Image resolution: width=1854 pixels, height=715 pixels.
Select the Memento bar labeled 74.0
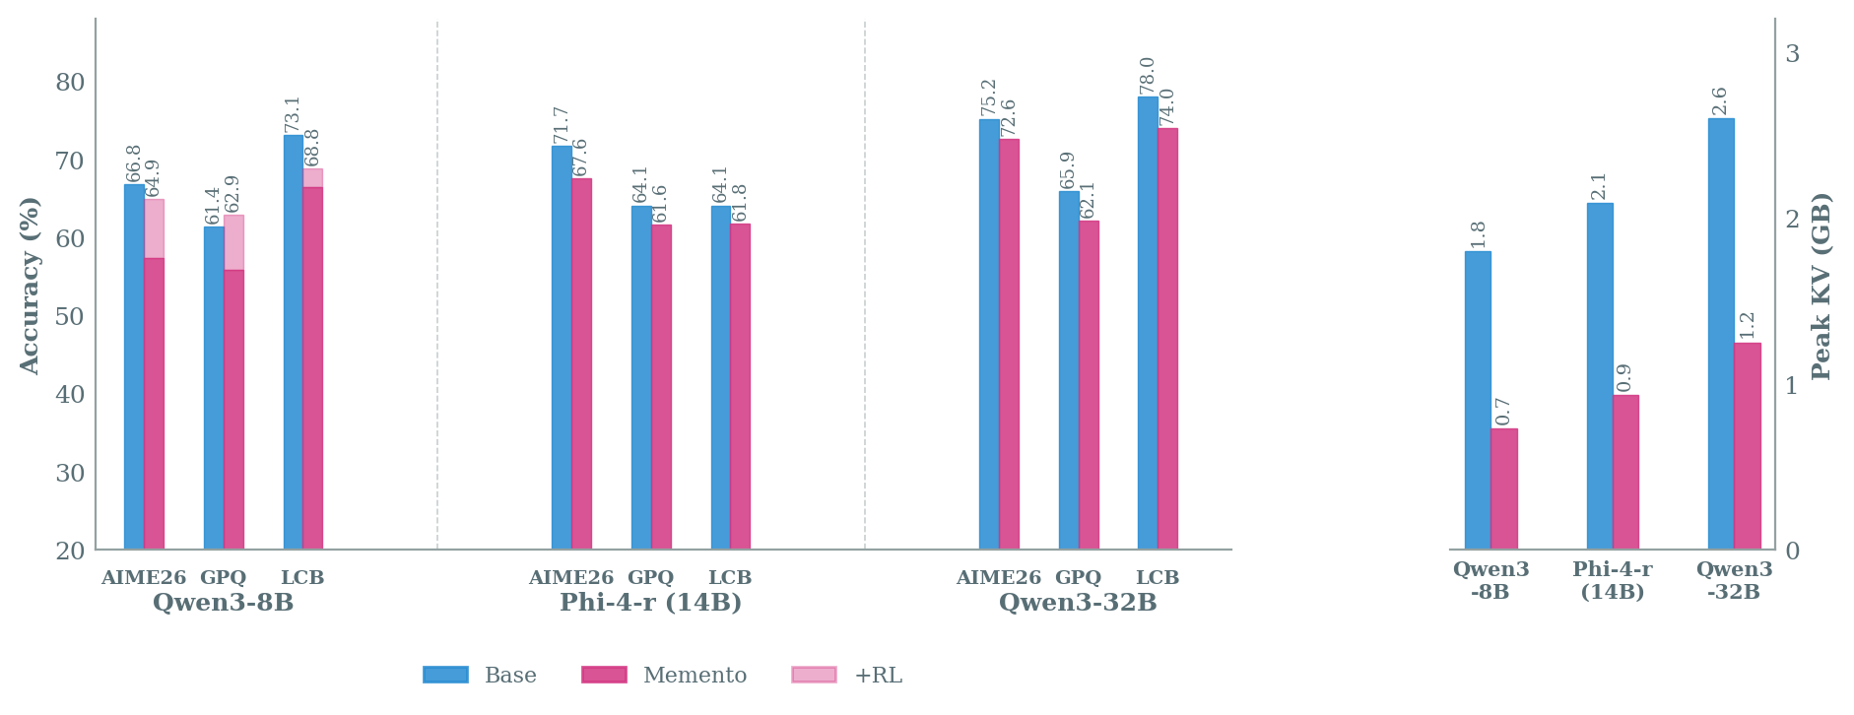click(x=1167, y=339)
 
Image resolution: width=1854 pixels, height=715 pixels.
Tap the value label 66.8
click(x=134, y=163)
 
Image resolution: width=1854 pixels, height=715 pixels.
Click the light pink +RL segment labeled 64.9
click(x=154, y=228)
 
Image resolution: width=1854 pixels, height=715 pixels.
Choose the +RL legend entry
click(x=847, y=676)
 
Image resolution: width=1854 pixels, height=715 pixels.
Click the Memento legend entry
click(x=664, y=676)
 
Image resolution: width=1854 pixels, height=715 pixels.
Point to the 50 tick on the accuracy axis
click(x=70, y=316)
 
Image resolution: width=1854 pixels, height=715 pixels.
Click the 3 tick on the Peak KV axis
click(x=1792, y=53)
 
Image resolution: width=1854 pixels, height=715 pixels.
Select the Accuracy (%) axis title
click(x=31, y=286)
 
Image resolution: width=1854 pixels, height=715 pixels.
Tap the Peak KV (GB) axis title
click(x=1821, y=286)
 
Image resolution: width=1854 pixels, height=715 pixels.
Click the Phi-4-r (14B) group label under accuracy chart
click(x=650, y=603)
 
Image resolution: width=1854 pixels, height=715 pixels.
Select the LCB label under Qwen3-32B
click(x=1157, y=578)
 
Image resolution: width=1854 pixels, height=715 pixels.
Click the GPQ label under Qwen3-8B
click(x=223, y=578)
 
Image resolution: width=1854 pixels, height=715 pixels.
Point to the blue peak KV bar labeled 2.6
click(x=1720, y=334)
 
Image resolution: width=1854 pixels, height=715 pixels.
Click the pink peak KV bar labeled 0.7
click(x=1503, y=488)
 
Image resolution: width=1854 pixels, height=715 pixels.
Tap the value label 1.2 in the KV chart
click(x=1747, y=325)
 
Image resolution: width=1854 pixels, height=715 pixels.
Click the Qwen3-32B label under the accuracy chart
click(x=1077, y=603)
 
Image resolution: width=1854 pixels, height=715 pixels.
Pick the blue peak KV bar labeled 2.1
click(x=1599, y=376)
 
